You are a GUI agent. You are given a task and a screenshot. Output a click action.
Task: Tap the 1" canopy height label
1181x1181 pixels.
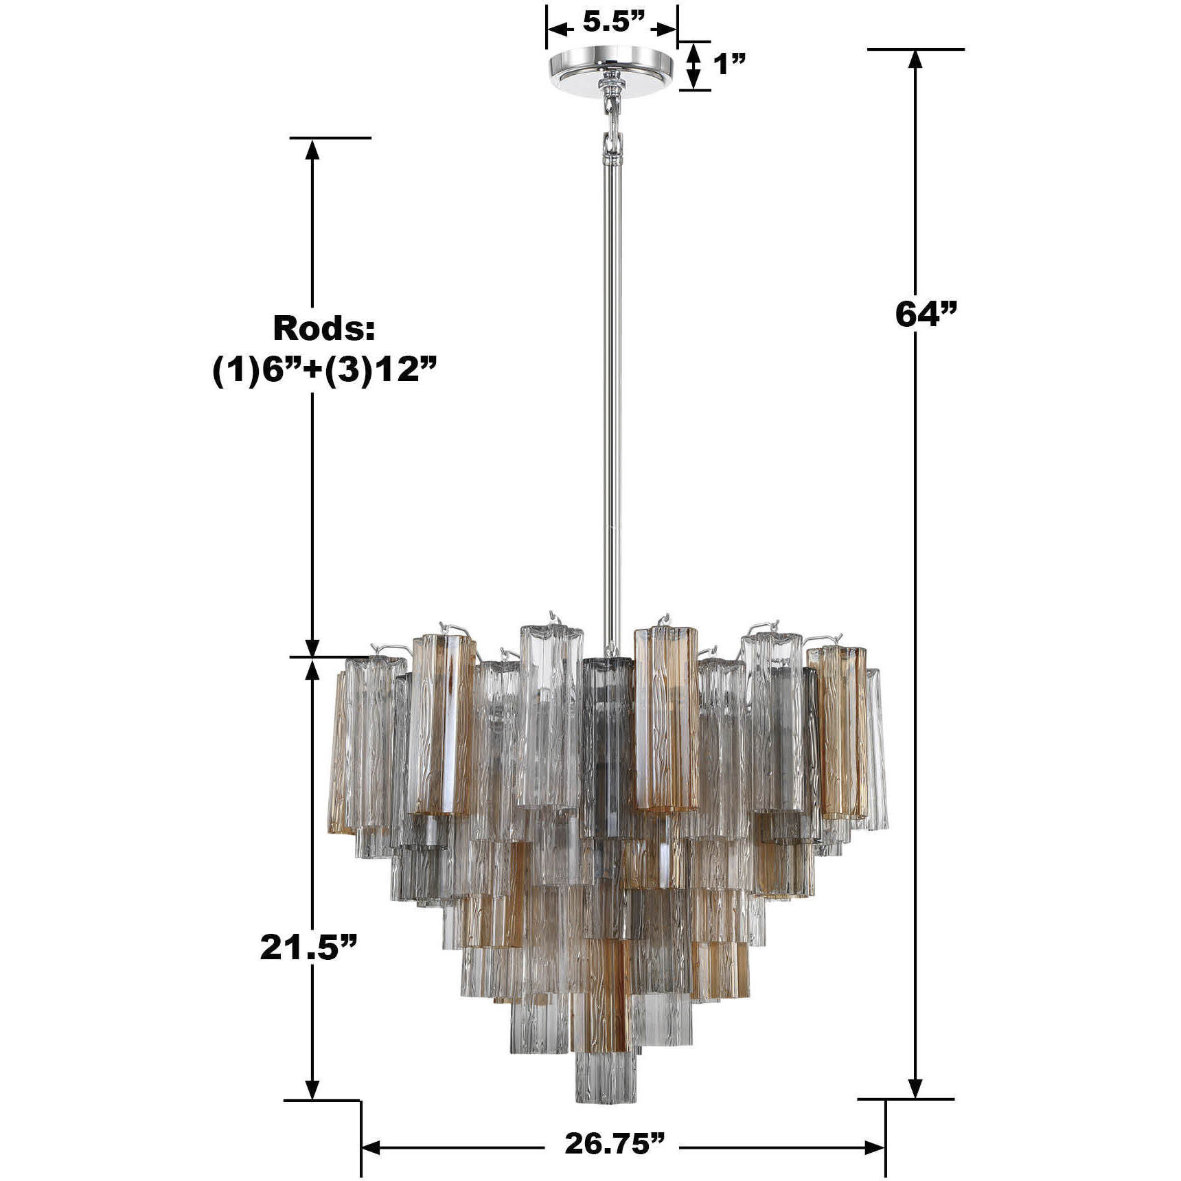click(729, 65)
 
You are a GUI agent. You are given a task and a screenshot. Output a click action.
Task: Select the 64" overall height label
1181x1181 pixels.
click(926, 314)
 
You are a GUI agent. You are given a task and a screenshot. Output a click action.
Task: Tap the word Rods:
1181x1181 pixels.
click(324, 329)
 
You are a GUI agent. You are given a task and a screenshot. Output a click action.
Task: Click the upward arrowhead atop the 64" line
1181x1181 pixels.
click(915, 60)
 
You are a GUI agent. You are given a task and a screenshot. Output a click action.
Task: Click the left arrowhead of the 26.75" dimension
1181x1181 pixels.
click(371, 1147)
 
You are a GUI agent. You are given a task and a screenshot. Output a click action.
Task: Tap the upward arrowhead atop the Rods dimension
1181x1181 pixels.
click(313, 148)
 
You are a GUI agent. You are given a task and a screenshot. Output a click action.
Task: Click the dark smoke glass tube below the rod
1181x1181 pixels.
click(608, 748)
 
